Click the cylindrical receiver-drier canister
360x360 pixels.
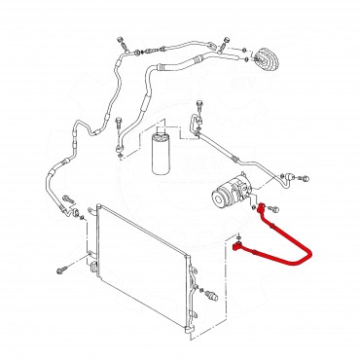point(162,153)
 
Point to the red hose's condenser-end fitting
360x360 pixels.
point(240,248)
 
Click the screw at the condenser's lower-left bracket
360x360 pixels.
point(61,269)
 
